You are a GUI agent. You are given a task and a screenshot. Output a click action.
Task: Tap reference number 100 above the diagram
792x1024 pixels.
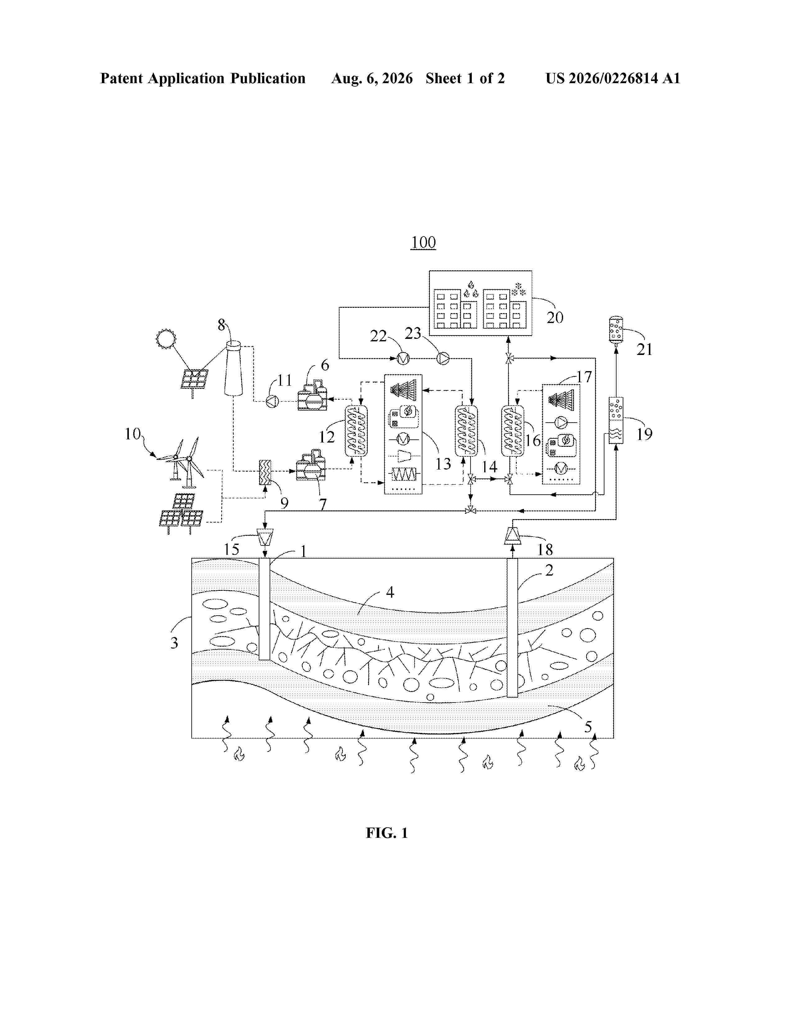pos(423,242)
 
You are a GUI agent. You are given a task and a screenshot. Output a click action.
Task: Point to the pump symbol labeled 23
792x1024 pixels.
pos(443,359)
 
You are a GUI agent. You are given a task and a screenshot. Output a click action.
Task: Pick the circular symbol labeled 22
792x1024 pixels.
pos(403,359)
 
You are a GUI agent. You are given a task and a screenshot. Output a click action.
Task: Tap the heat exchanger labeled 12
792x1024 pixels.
pos(356,431)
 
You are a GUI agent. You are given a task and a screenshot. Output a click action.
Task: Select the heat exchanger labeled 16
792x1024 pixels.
pos(513,431)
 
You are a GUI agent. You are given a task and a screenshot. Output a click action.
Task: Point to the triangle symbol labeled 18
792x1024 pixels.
pos(513,536)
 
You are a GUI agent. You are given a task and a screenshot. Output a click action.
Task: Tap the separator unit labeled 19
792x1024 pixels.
pos(616,420)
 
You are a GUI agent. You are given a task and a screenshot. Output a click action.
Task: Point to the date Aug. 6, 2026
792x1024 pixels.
pos(372,79)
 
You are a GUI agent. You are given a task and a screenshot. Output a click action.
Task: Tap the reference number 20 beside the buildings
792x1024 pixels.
pos(555,317)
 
